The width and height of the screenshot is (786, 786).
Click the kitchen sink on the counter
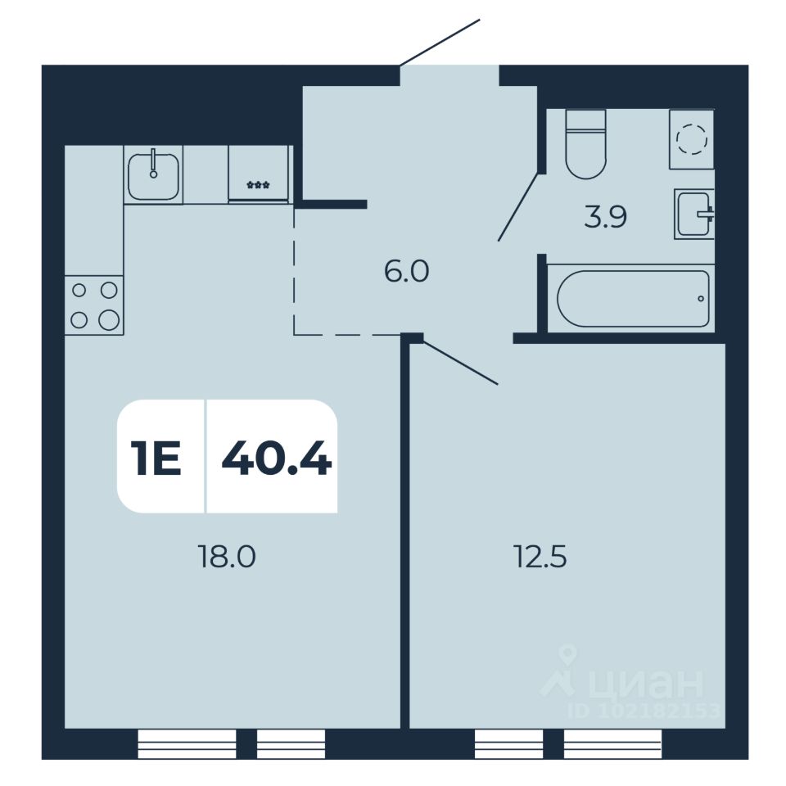pyautogui.click(x=153, y=175)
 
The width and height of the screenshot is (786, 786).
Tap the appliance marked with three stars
pyautogui.click(x=259, y=174)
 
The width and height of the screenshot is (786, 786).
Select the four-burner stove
pyautogui.click(x=94, y=305)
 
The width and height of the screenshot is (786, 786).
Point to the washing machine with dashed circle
pyautogui.click(x=692, y=139)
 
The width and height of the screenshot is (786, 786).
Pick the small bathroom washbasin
pyautogui.click(x=694, y=215)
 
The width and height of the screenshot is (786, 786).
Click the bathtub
pyautogui.click(x=632, y=299)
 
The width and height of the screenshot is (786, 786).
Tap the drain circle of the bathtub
pyautogui.click(x=701, y=299)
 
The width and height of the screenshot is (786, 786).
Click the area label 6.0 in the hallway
pyautogui.click(x=407, y=270)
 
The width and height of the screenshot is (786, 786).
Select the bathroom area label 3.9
pyautogui.click(x=605, y=219)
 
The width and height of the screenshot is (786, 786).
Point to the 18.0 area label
pyautogui.click(x=227, y=558)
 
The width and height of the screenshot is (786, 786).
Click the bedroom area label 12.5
pyautogui.click(x=540, y=558)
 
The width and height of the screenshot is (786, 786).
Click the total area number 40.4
pyautogui.click(x=276, y=457)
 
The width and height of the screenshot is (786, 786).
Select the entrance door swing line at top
pyautogui.click(x=440, y=42)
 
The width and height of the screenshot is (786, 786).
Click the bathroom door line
pyautogui.click(x=517, y=206)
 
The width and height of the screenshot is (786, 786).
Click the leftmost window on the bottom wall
pyautogui.click(x=187, y=743)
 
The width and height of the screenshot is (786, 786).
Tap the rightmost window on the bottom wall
pyautogui.click(x=612, y=743)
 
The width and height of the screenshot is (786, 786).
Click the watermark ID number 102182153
pyautogui.click(x=651, y=711)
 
